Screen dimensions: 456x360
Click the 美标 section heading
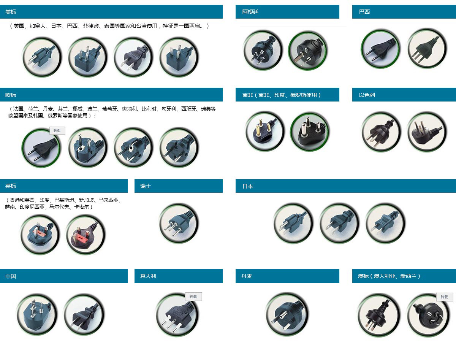pos(11,12)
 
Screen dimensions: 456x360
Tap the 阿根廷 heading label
pos(250,12)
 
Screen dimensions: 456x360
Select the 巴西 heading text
pos(364,12)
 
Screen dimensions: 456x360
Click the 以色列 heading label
pos(367,95)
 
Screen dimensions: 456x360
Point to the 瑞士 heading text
pos(146,186)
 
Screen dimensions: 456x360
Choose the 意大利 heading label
pos(148,276)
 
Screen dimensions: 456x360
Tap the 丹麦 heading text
pos(247,276)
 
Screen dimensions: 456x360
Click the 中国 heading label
pos(11,276)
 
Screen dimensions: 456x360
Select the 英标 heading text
pos(11,186)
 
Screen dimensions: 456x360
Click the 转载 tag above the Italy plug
pos(193,297)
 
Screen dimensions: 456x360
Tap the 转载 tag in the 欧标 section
pos(57,131)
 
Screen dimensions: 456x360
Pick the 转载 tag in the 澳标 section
pos(445,297)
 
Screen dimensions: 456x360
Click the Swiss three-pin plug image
pos(179,223)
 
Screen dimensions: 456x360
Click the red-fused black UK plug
pos(85,235)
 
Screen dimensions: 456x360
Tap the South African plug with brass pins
pos(264,131)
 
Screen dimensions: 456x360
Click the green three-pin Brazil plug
pos(427,48)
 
